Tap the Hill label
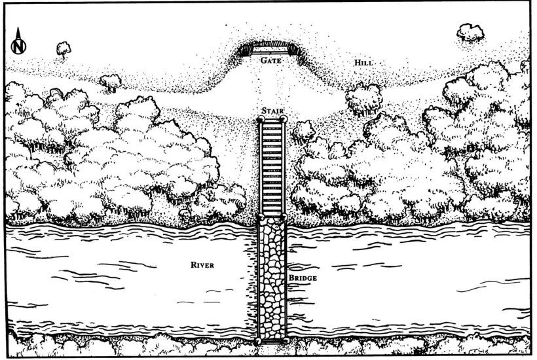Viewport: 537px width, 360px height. (x=362, y=63)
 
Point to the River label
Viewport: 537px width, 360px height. (x=202, y=265)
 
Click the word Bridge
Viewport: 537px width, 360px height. (x=303, y=279)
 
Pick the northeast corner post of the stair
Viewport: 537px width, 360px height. (x=284, y=120)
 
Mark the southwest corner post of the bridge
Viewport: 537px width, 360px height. (x=259, y=341)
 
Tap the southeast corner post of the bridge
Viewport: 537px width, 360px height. (x=286, y=341)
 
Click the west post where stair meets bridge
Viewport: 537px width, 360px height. (x=260, y=217)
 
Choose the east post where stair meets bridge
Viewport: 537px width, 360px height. (x=284, y=217)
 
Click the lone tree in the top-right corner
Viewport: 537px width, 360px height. (x=470, y=31)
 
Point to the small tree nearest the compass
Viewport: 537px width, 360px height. (x=63, y=48)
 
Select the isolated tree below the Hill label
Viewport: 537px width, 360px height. (x=363, y=98)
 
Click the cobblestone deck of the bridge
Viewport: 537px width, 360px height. (x=272, y=278)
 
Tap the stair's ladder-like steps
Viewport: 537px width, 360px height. (x=272, y=167)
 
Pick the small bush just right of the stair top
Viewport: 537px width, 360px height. (x=303, y=131)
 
